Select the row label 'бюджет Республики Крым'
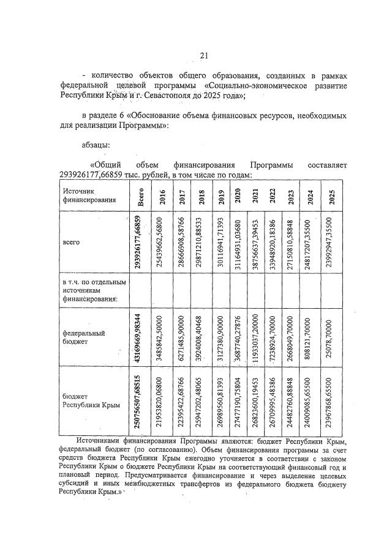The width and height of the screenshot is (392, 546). click(88, 400)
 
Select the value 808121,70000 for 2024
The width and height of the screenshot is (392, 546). click(311, 338)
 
